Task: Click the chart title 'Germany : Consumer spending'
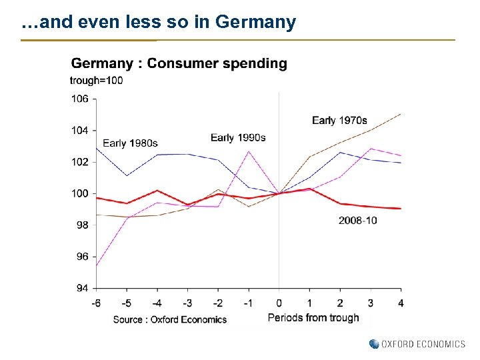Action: click(x=179, y=64)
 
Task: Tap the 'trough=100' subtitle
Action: click(x=96, y=81)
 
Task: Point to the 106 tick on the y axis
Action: click(x=79, y=99)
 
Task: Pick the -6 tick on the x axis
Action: click(x=96, y=303)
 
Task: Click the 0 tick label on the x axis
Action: click(x=279, y=303)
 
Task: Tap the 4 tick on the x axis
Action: click(x=400, y=303)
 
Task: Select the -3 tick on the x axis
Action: click(x=187, y=303)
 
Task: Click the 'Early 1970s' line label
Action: click(x=339, y=121)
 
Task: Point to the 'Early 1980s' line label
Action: click(x=130, y=143)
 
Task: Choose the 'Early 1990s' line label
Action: click(x=238, y=138)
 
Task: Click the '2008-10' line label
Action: click(x=357, y=220)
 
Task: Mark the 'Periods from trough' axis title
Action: click(x=313, y=318)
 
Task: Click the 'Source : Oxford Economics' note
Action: click(x=170, y=319)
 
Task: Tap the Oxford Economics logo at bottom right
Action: click(x=417, y=344)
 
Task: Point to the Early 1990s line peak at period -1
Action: click(x=249, y=151)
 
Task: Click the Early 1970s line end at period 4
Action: click(x=401, y=113)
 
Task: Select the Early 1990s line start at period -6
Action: click(x=97, y=266)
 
